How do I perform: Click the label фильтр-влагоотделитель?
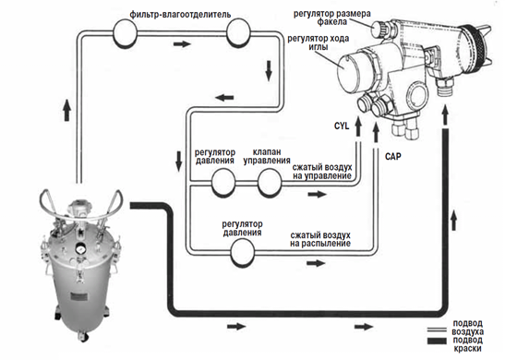(x=180, y=15)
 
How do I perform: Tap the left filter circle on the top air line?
(x=125, y=32)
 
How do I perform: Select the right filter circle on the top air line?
(x=238, y=33)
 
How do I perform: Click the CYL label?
(x=342, y=126)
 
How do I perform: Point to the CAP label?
(x=393, y=157)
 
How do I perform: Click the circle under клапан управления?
(x=270, y=183)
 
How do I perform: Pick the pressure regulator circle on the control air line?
(x=223, y=183)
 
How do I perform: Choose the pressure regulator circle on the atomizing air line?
(x=243, y=252)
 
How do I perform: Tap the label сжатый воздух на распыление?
(x=320, y=239)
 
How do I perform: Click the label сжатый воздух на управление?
(x=322, y=172)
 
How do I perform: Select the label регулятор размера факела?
(x=331, y=18)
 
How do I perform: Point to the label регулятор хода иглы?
(x=319, y=42)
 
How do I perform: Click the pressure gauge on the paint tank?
(x=79, y=248)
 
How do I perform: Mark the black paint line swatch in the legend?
(x=437, y=341)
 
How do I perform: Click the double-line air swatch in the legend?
(x=437, y=330)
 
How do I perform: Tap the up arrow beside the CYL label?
(x=358, y=126)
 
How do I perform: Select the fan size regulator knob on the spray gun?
(x=379, y=29)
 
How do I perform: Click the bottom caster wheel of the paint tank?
(x=83, y=336)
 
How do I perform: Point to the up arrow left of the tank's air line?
(x=67, y=110)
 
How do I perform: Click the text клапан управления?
(x=267, y=156)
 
